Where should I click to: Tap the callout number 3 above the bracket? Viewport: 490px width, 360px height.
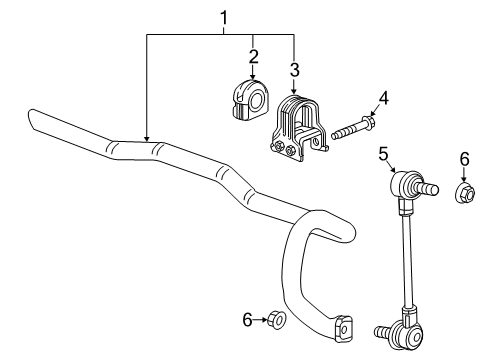point(295,69)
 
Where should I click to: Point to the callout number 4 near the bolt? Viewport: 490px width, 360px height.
point(384,98)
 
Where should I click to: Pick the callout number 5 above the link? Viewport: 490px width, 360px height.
point(383,153)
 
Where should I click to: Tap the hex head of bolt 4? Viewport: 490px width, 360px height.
point(368,125)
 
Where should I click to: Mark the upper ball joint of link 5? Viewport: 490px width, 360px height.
point(408,186)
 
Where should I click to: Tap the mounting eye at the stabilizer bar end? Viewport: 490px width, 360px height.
point(343,326)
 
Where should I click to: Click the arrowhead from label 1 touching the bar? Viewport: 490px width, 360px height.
point(147,137)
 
